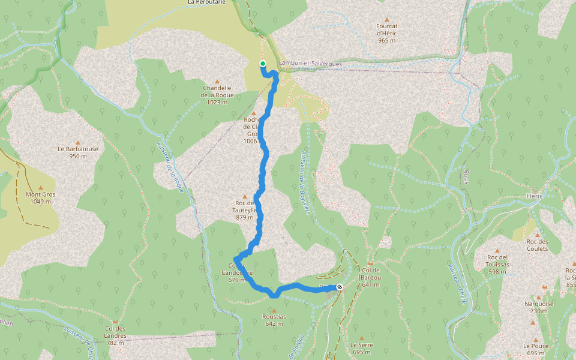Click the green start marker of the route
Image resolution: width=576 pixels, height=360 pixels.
[x=263, y=63]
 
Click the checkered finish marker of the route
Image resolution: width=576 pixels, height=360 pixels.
[x=340, y=287]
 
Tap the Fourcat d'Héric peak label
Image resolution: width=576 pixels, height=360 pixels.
[x=387, y=33]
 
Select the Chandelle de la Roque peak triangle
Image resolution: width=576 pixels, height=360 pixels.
[x=217, y=82]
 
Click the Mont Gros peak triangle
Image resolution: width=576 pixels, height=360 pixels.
[x=41, y=188]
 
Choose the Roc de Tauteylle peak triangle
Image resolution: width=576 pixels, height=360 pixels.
[x=244, y=196]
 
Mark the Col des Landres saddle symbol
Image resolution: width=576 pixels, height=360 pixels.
[x=115, y=322]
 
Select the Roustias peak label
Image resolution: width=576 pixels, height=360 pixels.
[x=274, y=316]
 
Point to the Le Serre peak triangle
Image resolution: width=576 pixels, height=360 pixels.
[x=362, y=338]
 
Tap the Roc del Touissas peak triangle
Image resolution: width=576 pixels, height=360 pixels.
[x=497, y=250]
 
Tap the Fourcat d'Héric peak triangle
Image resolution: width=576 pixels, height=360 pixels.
[x=387, y=20]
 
